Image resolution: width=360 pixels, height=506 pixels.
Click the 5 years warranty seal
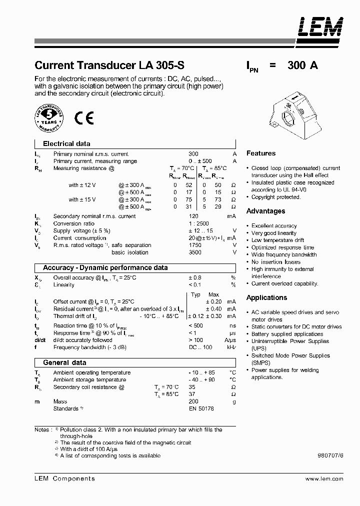(49, 118)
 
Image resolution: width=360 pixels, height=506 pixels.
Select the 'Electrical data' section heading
(66, 143)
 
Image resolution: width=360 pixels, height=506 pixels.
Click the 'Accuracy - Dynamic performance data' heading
(105, 268)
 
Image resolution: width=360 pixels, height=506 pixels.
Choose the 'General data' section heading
(64, 362)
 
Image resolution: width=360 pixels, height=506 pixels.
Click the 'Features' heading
(261, 153)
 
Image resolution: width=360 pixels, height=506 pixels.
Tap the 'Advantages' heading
(266, 211)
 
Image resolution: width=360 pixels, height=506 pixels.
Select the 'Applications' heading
(266, 297)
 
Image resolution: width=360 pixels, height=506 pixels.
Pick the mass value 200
(193, 401)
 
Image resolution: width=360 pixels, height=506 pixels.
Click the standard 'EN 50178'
(201, 408)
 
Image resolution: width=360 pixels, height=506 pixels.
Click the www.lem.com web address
(324, 479)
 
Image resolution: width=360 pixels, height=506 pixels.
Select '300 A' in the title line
(303, 65)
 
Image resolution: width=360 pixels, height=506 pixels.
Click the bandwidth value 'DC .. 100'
(201, 347)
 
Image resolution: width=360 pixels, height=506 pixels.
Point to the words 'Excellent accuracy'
(274, 226)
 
